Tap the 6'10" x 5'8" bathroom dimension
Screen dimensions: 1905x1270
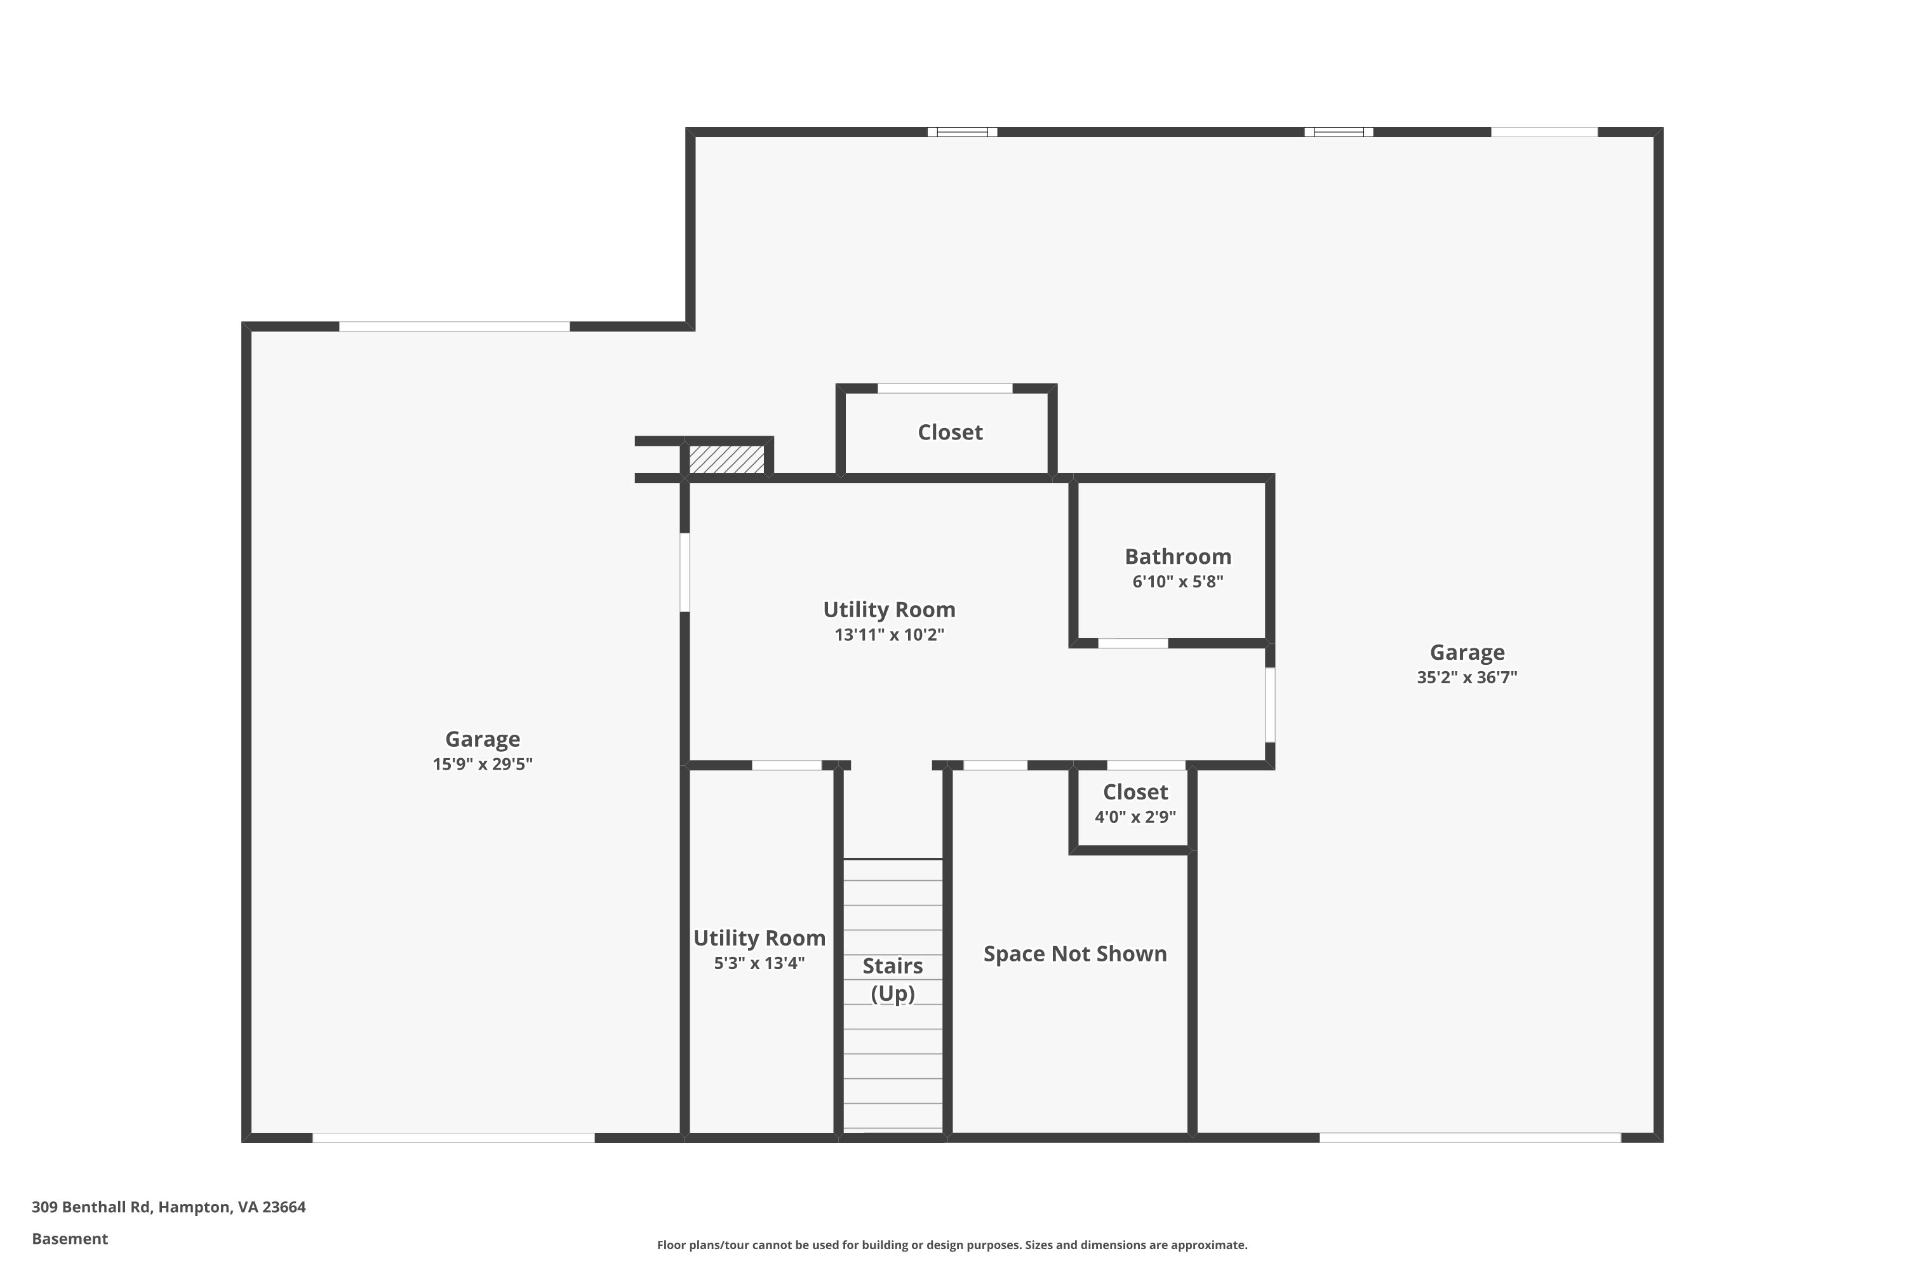click(x=1178, y=582)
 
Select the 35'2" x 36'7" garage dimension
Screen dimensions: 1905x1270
click(x=1467, y=677)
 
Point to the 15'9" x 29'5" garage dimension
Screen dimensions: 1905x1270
click(x=482, y=764)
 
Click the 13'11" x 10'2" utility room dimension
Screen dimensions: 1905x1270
click(x=890, y=634)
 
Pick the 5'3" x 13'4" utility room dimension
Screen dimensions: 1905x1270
click(x=759, y=963)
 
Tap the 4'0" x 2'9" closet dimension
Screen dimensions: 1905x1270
click(x=1135, y=817)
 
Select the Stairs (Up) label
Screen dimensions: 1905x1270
click(x=893, y=979)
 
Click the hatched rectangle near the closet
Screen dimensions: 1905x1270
click(x=726, y=459)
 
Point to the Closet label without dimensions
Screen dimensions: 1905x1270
click(x=950, y=432)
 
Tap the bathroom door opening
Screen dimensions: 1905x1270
click(x=1133, y=643)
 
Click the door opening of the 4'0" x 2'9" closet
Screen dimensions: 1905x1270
click(x=1146, y=765)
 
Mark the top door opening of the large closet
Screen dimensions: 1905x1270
click(x=946, y=388)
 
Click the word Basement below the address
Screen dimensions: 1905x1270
click(x=70, y=1238)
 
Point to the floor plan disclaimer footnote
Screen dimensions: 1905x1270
click(x=952, y=1245)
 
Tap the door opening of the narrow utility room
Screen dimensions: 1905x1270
click(x=787, y=765)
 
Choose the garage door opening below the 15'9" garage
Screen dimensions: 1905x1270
click(x=453, y=1138)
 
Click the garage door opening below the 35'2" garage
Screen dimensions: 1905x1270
click(x=1470, y=1138)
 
